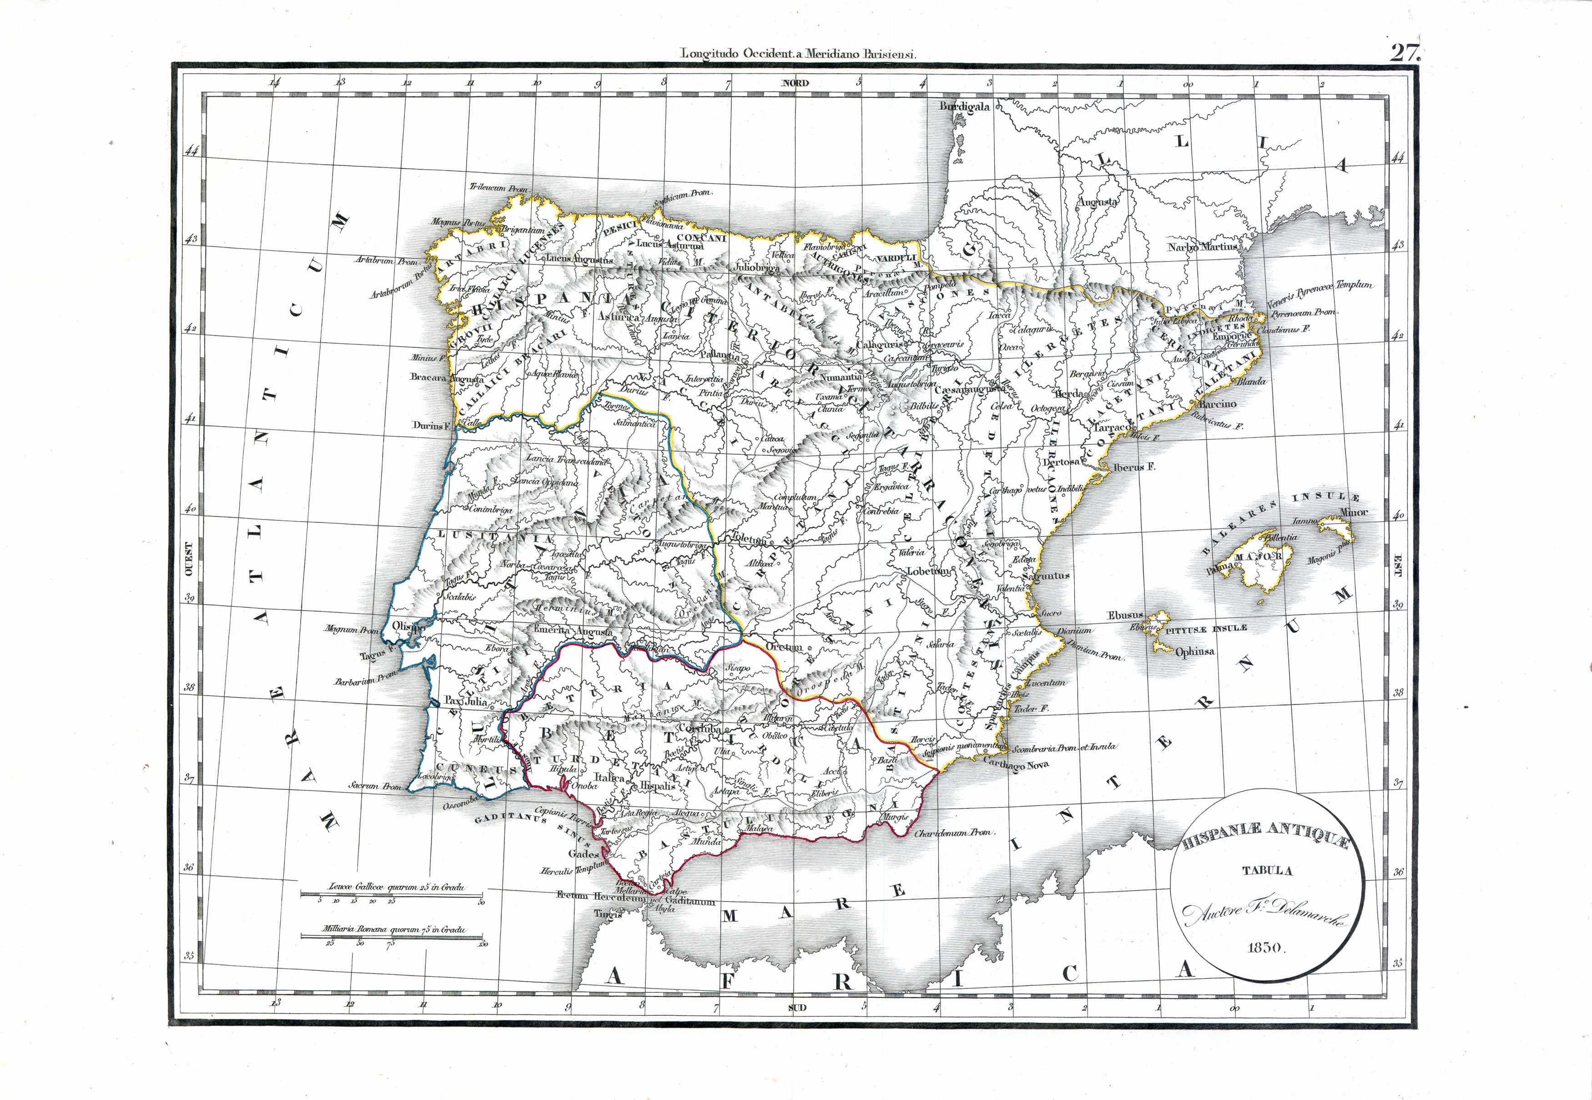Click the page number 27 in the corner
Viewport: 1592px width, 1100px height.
1404,52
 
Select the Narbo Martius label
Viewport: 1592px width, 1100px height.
1202,246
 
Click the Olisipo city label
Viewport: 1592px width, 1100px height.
408,626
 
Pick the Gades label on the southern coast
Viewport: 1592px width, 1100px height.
583,853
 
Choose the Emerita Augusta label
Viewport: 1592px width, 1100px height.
573,631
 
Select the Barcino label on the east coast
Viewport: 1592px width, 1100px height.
1217,404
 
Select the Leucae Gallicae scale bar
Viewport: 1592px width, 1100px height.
392,895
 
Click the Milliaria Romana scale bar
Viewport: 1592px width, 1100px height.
392,936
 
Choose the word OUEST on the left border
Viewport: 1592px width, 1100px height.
188,558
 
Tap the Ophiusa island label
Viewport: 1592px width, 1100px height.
1194,651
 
